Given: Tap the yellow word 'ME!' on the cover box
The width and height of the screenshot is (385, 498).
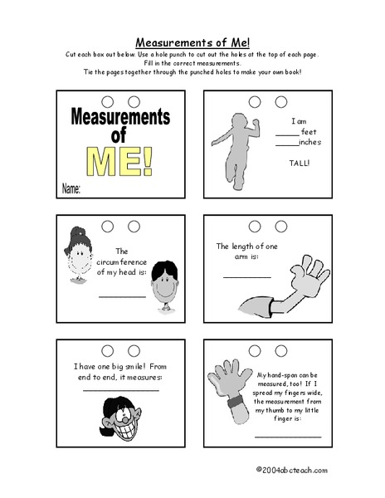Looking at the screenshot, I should (x=122, y=161).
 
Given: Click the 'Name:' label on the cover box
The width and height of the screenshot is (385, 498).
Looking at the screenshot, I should (x=71, y=189).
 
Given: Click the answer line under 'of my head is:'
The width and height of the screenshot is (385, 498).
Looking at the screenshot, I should (x=122, y=295).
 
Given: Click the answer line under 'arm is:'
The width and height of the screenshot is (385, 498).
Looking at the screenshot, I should (x=246, y=276).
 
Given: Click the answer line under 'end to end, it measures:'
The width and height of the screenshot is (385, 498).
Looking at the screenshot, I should (x=120, y=389).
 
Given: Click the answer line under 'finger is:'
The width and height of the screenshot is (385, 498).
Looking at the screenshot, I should (x=287, y=437).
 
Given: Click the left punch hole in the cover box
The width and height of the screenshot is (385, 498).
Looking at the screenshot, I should (x=108, y=102).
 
